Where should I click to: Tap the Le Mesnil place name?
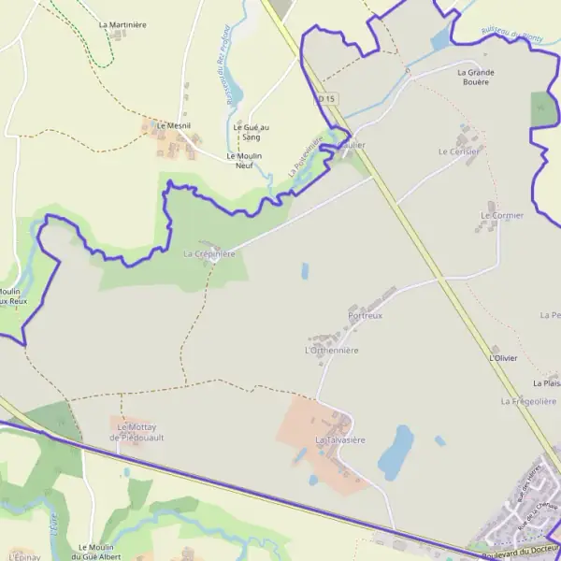(173, 125)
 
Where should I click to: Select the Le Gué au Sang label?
(251, 132)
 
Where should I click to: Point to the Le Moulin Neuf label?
(244, 161)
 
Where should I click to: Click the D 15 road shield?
(324, 98)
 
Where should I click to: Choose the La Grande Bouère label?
(475, 78)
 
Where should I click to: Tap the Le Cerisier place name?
(458, 151)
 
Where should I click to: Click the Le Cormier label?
(502, 215)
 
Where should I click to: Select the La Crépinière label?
(209, 253)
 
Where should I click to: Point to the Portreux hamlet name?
(366, 316)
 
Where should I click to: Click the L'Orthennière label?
(332, 350)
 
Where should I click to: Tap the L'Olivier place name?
(503, 358)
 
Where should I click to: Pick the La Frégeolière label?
(528, 401)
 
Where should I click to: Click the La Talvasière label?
(339, 439)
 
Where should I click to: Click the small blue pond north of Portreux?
(305, 271)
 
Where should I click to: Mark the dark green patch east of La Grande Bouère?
(542, 109)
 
